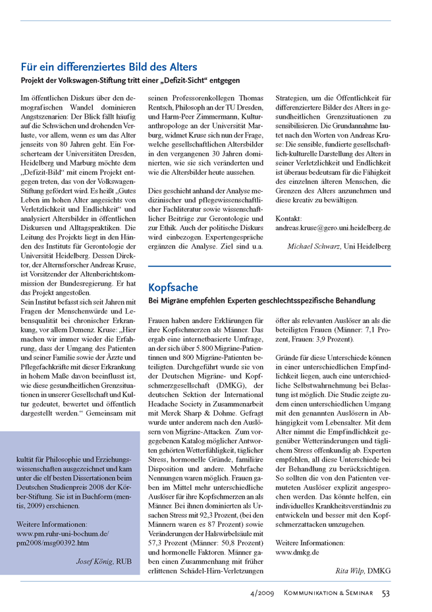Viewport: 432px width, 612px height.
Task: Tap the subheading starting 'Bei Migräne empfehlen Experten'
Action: coord(261,301)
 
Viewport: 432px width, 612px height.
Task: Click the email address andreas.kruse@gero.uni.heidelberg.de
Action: coord(333,228)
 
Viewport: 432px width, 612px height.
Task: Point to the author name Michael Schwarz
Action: coord(314,246)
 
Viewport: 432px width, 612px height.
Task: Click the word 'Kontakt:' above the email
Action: coord(288,218)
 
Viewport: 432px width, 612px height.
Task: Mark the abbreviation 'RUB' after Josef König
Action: coord(125,562)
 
